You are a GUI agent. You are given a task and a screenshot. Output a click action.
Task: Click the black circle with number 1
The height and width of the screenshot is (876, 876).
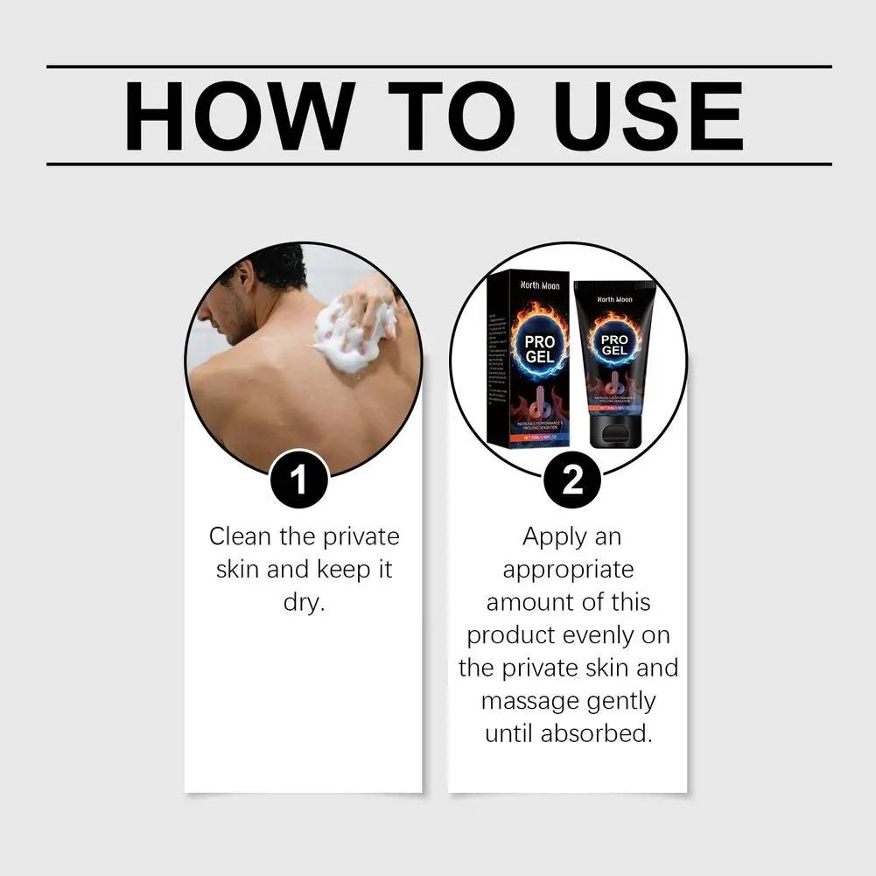pyautogui.click(x=298, y=479)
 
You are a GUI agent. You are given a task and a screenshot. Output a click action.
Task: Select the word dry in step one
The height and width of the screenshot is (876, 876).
pyautogui.click(x=304, y=603)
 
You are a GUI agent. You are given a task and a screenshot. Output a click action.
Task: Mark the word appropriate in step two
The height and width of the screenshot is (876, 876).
pyautogui.click(x=568, y=570)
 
